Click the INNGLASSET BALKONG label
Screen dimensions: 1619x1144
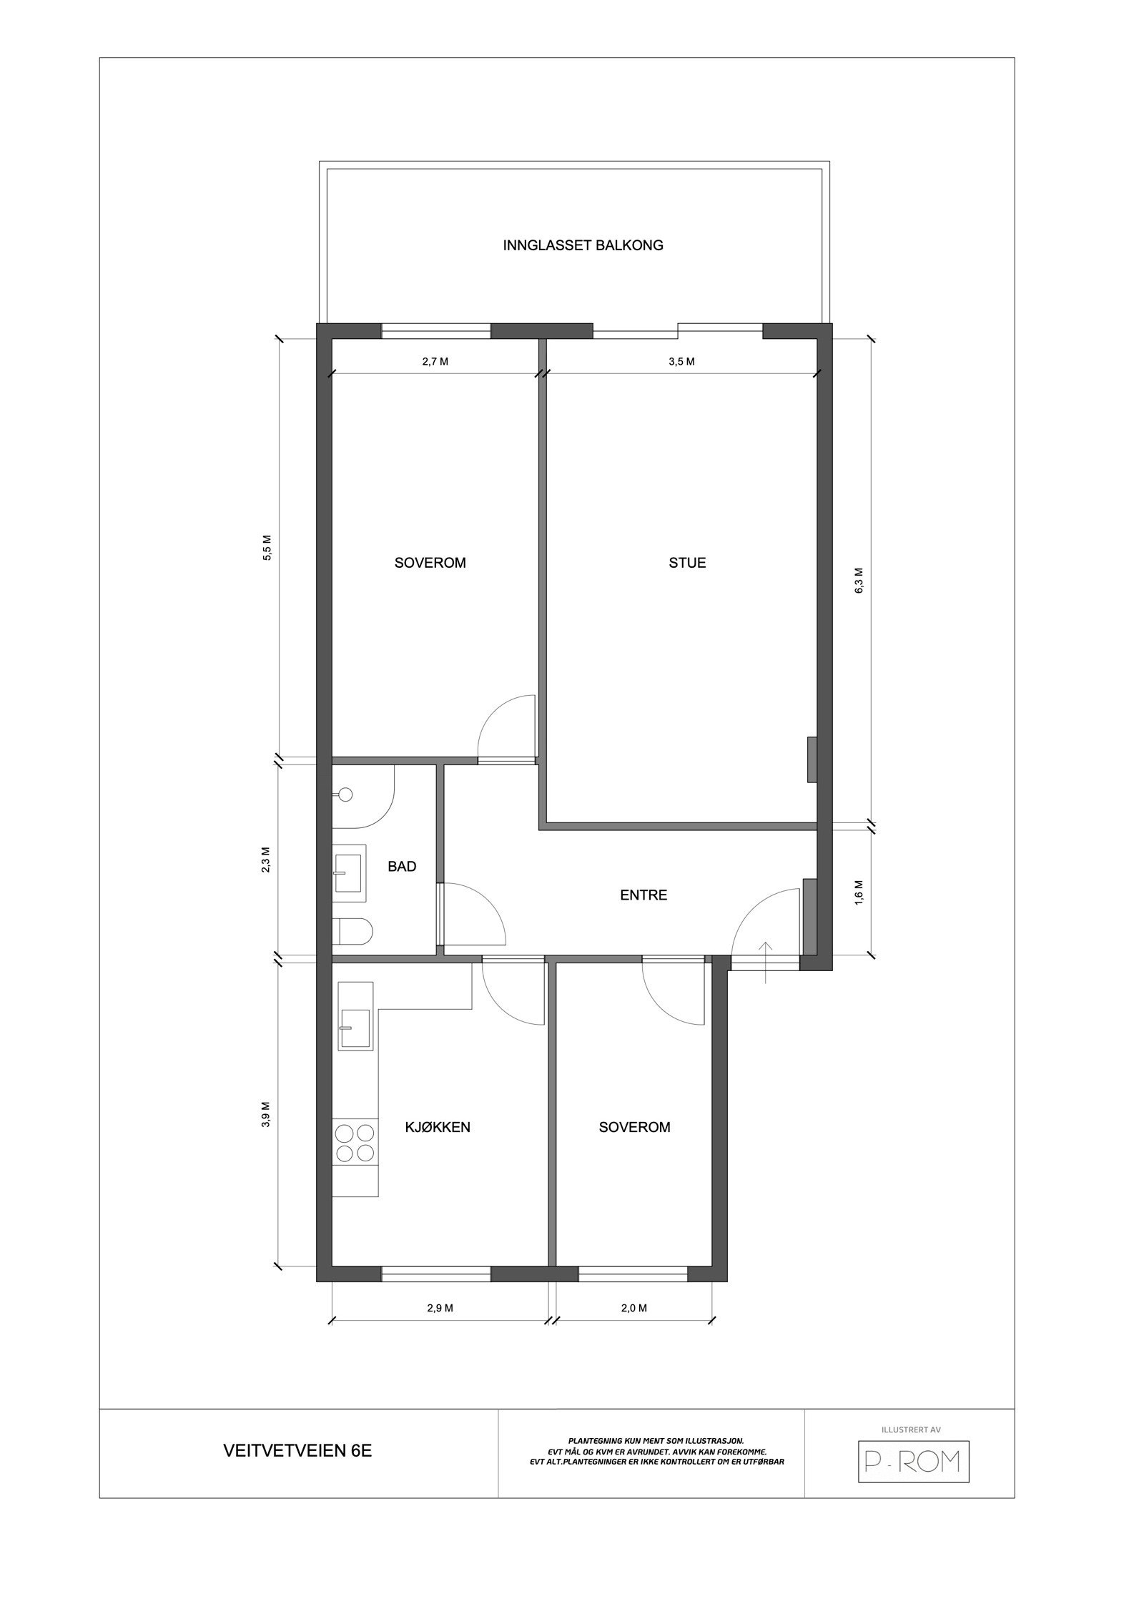pyautogui.click(x=583, y=245)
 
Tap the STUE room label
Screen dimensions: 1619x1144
pyautogui.click(x=687, y=563)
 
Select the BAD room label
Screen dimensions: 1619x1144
pyautogui.click(x=402, y=867)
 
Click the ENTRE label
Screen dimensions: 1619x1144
pyautogui.click(x=643, y=895)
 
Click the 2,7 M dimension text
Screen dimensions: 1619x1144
pyautogui.click(x=435, y=362)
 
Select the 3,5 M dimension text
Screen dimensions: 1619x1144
pyautogui.click(x=681, y=362)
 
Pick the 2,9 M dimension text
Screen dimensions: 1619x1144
pyautogui.click(x=440, y=1308)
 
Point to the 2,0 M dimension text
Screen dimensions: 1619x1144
pyautogui.click(x=633, y=1308)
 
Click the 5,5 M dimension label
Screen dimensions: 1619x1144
pyautogui.click(x=267, y=548)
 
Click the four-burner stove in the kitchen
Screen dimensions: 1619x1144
pyautogui.click(x=355, y=1143)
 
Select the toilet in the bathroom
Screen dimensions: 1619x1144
pyautogui.click(x=352, y=932)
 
